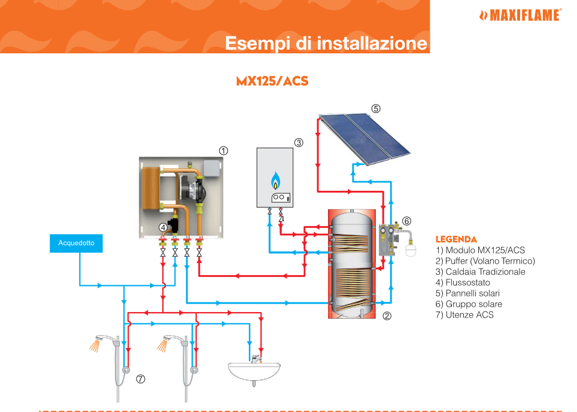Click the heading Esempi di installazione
coord(326,43)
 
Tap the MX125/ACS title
coord(272,81)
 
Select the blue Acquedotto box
coord(76,243)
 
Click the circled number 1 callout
coord(223,151)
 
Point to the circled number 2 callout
coord(387,316)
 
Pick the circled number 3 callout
coord(299,142)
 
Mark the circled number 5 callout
coord(375,109)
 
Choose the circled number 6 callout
coord(406,221)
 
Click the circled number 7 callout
coord(140,379)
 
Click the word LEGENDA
coord(456,239)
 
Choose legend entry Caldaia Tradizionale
coord(481,271)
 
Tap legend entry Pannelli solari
coord(467,293)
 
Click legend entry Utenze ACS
coord(464,315)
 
